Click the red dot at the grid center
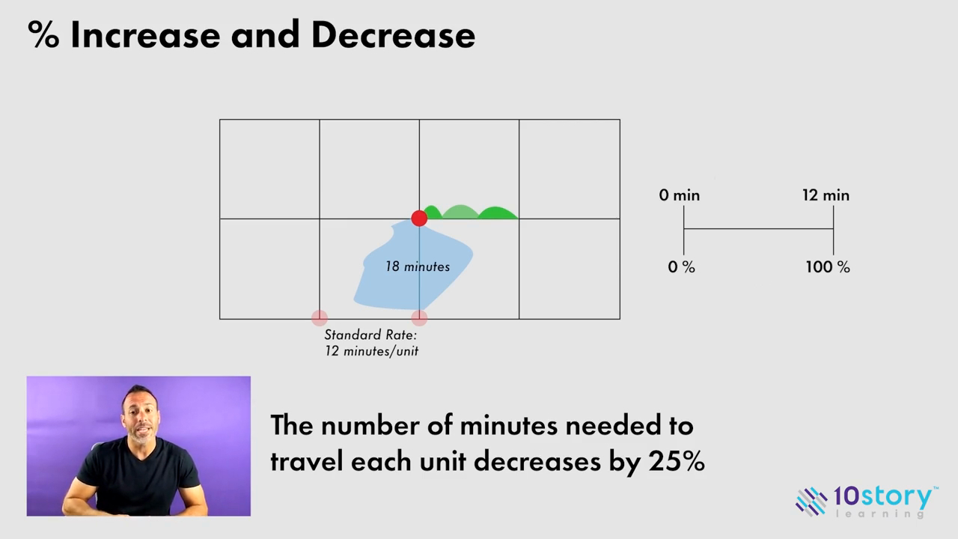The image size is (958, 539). pos(419,218)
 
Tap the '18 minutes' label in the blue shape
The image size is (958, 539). pos(418,267)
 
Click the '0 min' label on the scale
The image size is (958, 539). pos(680,195)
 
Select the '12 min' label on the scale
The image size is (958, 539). pos(826,195)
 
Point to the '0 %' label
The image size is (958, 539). pos(681,267)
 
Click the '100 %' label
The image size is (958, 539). pos(827,267)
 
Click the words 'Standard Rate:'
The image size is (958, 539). pos(370,335)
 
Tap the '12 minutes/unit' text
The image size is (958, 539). pos(371,351)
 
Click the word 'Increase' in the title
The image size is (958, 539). pos(147,35)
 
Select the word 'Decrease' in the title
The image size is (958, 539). pos(393,35)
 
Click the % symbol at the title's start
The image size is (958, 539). pos(43,35)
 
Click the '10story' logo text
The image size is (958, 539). pos(883,496)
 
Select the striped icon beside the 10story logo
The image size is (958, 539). pos(811,501)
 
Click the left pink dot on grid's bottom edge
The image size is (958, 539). pos(320,318)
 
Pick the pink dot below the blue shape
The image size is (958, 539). pos(419,318)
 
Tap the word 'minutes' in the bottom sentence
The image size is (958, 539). pos(509,425)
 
